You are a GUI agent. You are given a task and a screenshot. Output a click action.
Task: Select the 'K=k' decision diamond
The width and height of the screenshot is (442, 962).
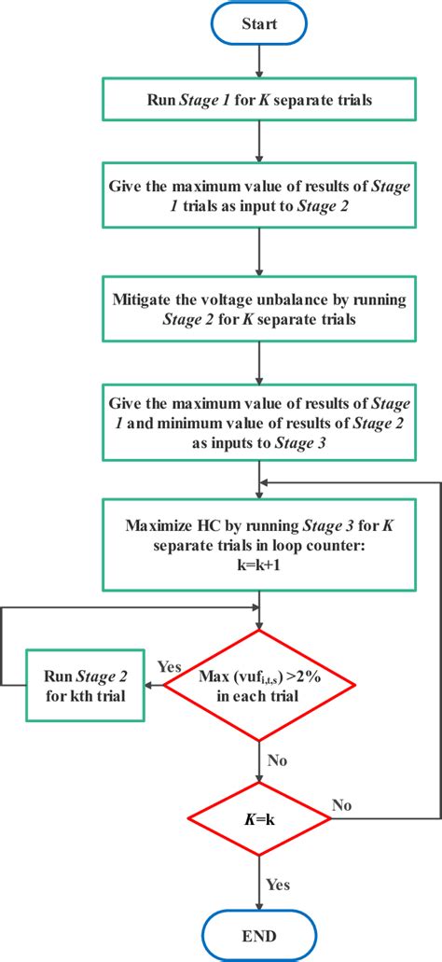(260, 818)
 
